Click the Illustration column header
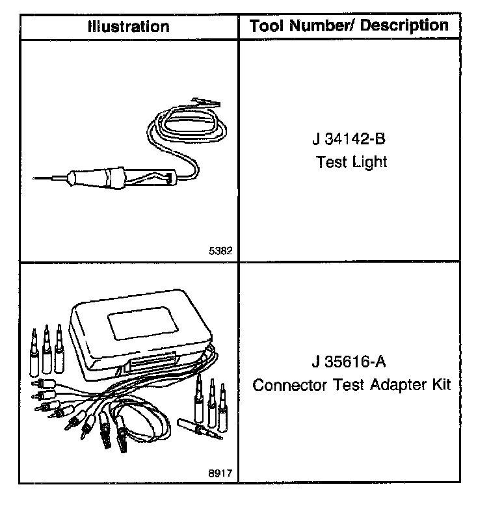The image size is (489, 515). pyautogui.click(x=129, y=27)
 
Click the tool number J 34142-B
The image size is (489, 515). pyautogui.click(x=351, y=140)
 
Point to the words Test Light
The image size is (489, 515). pyautogui.click(x=351, y=161)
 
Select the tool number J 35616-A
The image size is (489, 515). pyautogui.click(x=351, y=362)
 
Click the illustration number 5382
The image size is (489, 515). pyautogui.click(x=220, y=250)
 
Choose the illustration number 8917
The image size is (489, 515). pyautogui.click(x=220, y=473)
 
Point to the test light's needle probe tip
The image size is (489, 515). pyautogui.click(x=39, y=176)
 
